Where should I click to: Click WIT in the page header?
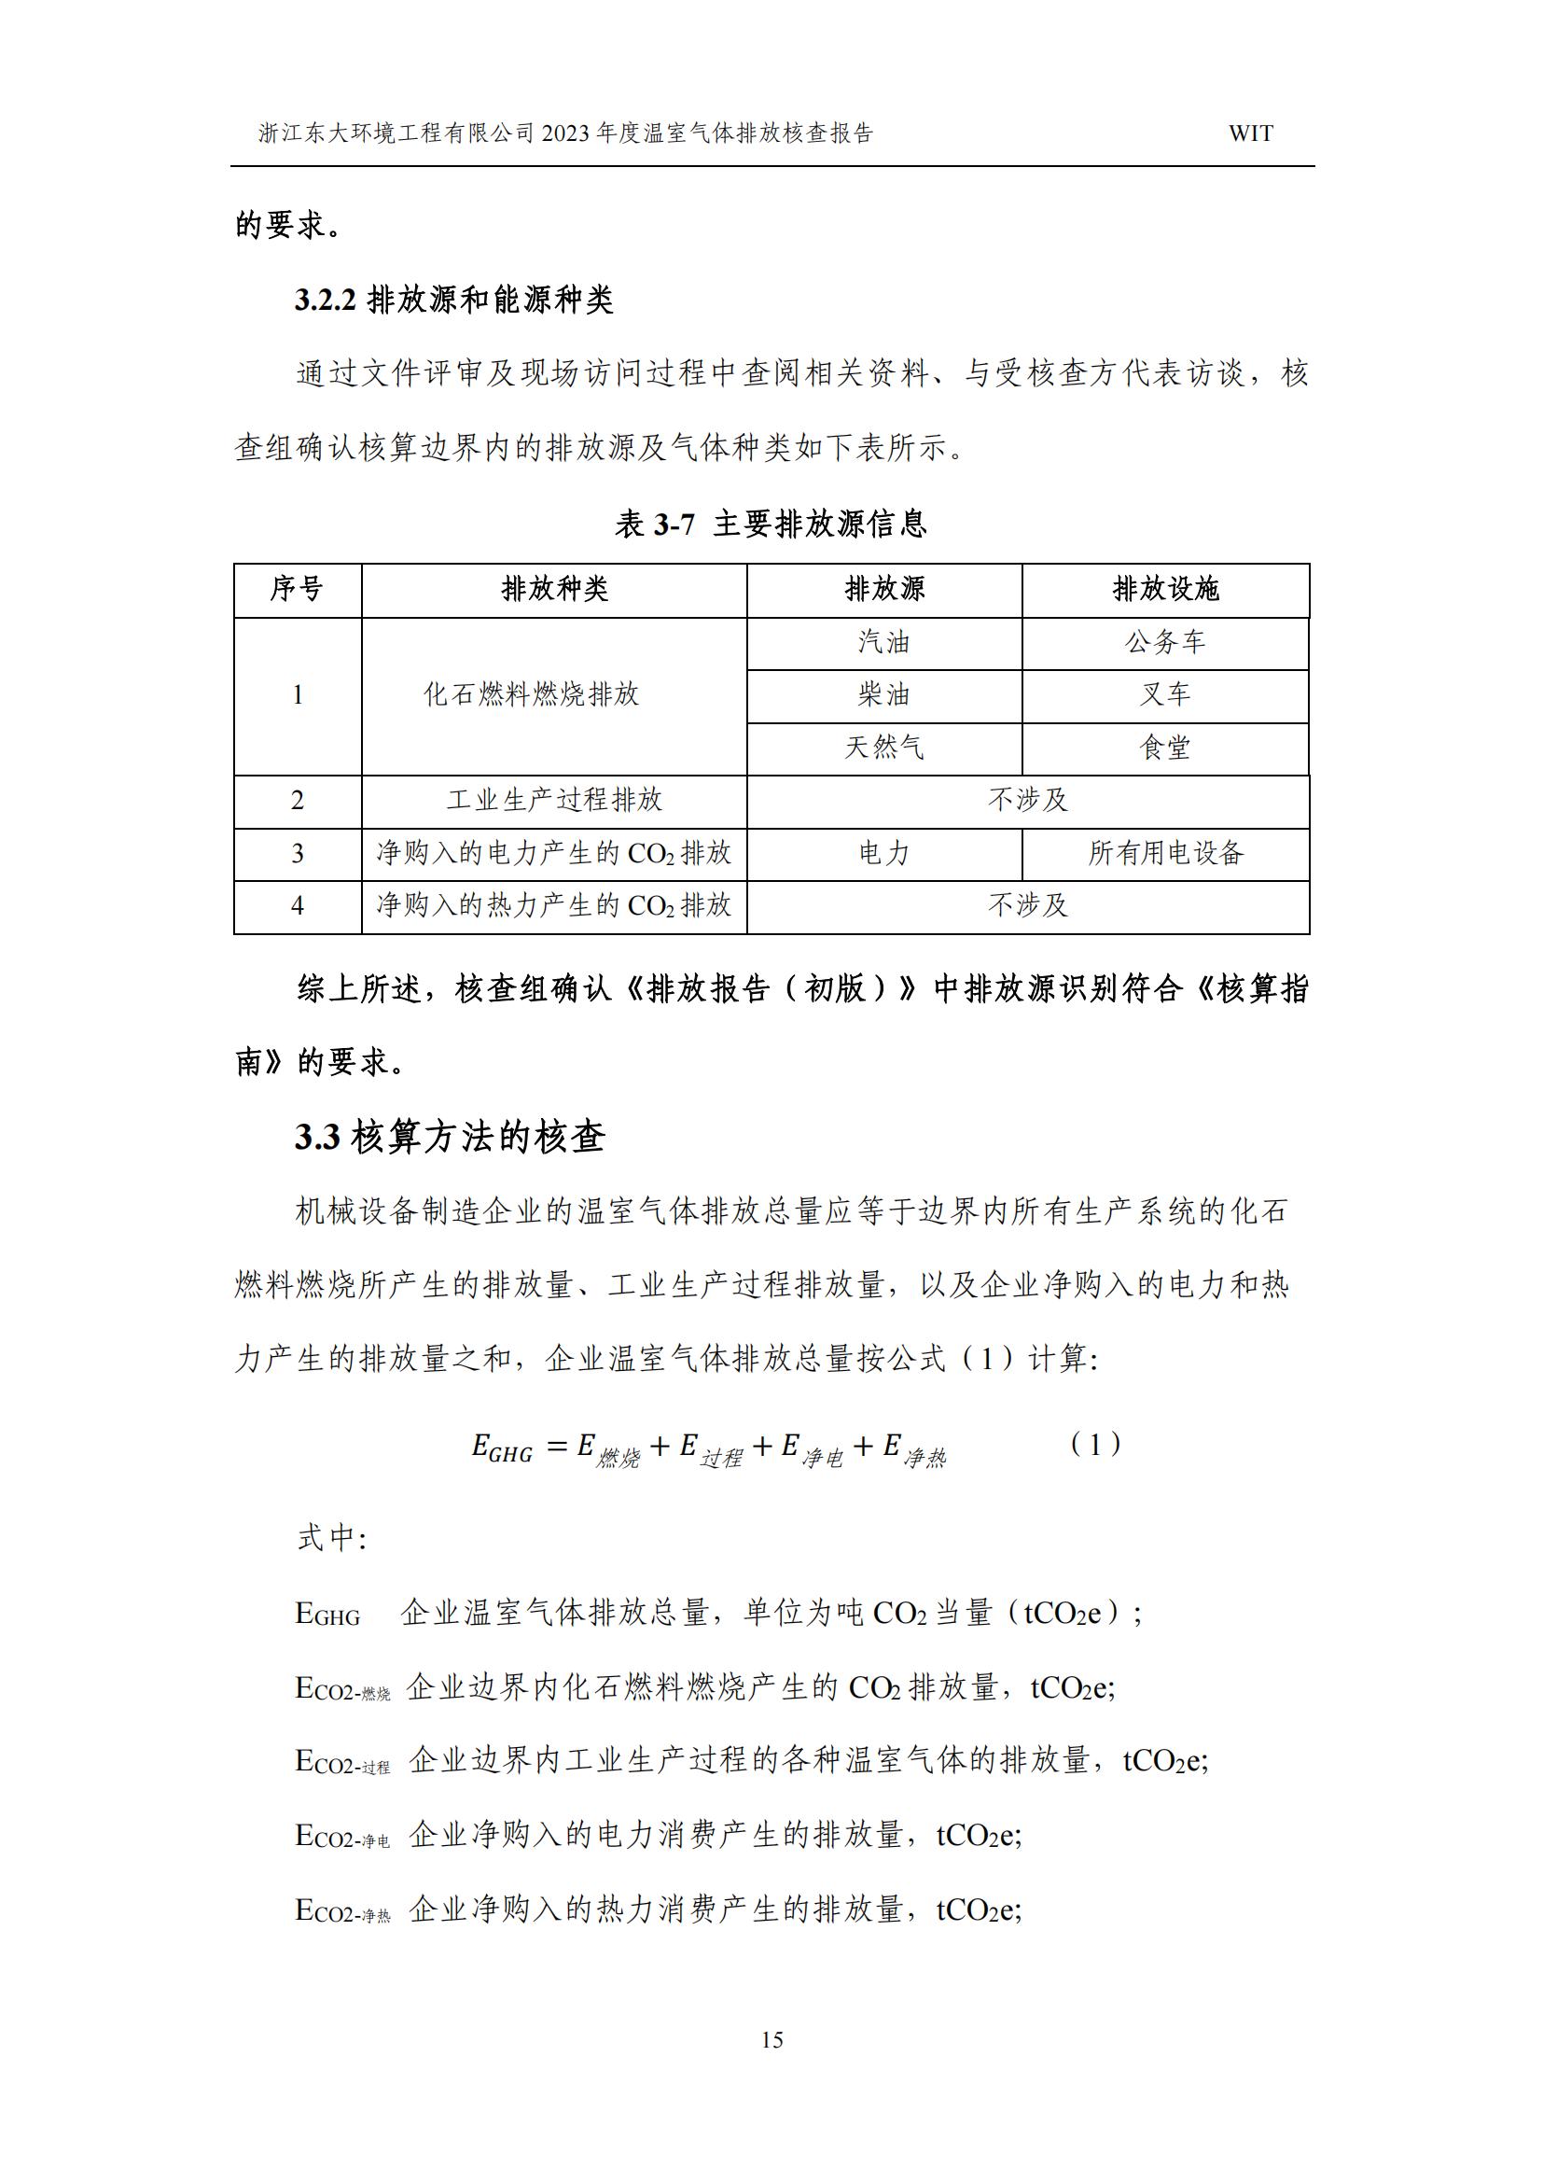(x=1250, y=134)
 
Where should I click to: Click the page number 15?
(x=771, y=2039)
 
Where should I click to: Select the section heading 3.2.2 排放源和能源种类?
(x=453, y=301)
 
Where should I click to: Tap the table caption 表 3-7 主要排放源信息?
(x=771, y=524)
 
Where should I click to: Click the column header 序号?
(x=297, y=589)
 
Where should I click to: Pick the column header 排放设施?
(x=1165, y=589)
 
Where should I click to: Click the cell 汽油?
(x=883, y=642)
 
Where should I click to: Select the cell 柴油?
(x=883, y=694)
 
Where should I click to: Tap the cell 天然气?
(x=883, y=748)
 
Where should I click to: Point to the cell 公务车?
(x=1165, y=642)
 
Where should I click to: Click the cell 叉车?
(x=1165, y=694)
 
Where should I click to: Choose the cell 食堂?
(x=1165, y=748)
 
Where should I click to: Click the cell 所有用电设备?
(x=1165, y=852)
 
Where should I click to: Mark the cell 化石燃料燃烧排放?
(x=531, y=694)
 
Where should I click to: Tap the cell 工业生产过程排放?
(x=554, y=800)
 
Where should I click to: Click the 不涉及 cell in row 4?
(x=1027, y=904)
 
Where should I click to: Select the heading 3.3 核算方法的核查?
(x=450, y=1137)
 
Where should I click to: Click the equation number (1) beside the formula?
(x=1094, y=1445)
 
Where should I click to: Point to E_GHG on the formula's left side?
(x=502, y=1448)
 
